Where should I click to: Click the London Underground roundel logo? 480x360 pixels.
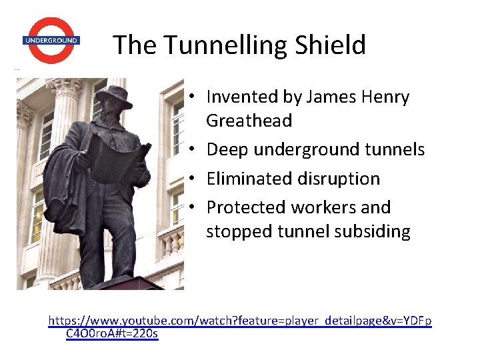51,41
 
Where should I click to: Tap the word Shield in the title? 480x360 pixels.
333,45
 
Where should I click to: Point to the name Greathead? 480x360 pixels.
249,121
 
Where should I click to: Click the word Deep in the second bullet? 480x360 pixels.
225,150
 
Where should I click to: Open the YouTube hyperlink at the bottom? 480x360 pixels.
240,321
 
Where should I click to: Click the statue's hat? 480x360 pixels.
114,94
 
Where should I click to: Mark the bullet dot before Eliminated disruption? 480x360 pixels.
191,179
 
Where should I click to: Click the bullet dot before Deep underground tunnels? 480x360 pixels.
191,150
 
